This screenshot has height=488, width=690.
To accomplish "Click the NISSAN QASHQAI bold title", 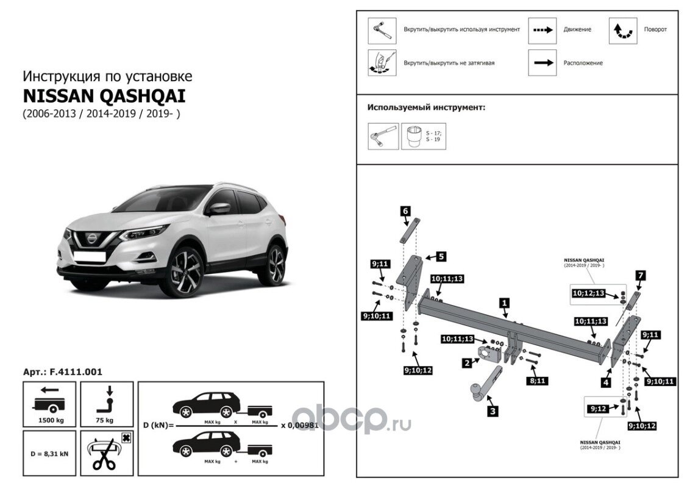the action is coord(104,96).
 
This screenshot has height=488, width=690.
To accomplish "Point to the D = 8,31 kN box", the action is coord(49,453).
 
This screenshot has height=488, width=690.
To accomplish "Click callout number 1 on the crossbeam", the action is coord(504,302).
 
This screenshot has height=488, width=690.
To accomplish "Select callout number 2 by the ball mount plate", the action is coord(466,362).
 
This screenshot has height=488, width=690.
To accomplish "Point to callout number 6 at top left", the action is coord(405,210).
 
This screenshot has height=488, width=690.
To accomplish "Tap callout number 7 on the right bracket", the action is coord(639,275).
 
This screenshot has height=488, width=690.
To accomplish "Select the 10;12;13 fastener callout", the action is coord(588,293).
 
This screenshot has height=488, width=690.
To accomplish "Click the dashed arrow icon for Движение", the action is coord(542,30).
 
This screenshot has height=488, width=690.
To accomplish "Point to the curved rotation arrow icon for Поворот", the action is coord(622,30).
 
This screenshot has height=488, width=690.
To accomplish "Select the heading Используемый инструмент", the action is coord(425,107).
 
